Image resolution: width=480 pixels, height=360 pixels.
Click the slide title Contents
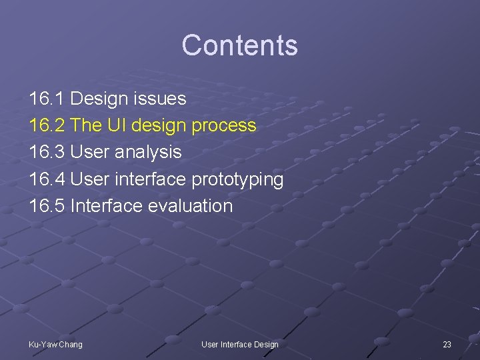point(239,45)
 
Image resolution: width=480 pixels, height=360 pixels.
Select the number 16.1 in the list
point(47,99)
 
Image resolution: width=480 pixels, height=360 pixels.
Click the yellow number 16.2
point(47,125)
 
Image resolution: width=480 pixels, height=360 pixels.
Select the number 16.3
point(47,152)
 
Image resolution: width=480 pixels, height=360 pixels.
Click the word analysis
point(148,153)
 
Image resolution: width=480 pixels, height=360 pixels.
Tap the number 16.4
point(47,179)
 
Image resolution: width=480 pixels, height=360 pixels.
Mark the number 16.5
point(47,205)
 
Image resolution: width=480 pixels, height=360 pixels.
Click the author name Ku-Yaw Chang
point(55,344)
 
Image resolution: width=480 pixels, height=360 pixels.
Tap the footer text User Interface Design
point(240,344)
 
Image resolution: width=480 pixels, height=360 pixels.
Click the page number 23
point(447,344)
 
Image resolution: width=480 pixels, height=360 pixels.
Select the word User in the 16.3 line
point(90,152)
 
